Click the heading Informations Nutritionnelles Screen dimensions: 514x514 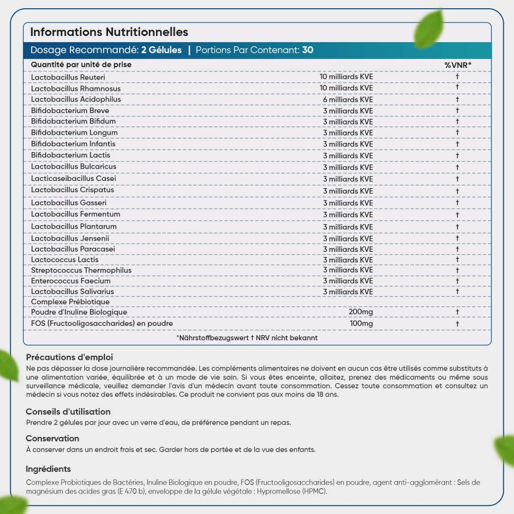point(109,32)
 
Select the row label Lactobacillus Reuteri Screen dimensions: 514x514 point(68,77)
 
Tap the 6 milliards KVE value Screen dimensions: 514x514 point(347,99)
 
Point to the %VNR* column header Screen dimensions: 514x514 point(457,65)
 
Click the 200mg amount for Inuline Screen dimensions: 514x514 point(361,312)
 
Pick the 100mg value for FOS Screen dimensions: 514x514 point(361,323)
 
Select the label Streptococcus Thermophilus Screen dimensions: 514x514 point(81,270)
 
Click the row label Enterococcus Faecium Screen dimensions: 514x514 point(70,281)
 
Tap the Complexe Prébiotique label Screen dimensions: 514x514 point(70,302)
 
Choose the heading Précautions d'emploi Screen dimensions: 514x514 point(69,357)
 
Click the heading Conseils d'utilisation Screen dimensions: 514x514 point(68,412)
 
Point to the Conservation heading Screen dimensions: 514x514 point(52,438)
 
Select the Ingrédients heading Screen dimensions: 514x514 point(48,469)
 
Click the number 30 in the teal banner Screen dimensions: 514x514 point(308,50)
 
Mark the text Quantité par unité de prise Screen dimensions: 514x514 point(81,65)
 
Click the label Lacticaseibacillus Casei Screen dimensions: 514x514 point(74,178)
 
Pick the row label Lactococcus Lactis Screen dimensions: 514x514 point(65,260)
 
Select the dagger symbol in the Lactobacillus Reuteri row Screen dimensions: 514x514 point(457,77)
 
